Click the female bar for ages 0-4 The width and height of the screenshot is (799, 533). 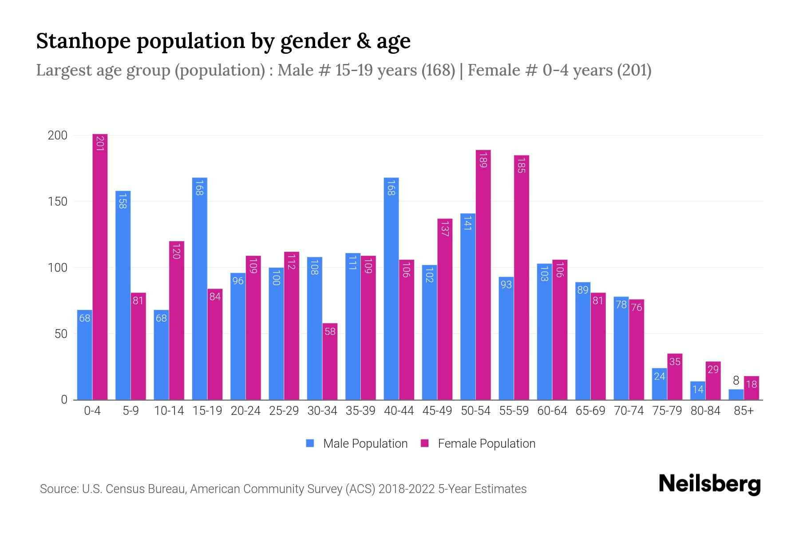tap(100, 266)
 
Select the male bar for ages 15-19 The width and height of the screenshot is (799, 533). tap(200, 289)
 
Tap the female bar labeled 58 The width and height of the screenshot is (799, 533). tap(330, 362)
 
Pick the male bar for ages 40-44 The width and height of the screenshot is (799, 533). tap(391, 289)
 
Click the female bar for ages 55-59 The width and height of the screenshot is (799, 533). tap(522, 278)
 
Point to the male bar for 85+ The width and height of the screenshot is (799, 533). tap(736, 395)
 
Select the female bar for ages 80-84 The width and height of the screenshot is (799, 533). tap(713, 381)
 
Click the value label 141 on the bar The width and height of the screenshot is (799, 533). tap(467, 223)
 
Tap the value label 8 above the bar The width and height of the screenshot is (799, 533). tap(736, 381)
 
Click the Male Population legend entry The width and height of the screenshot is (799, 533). tap(357, 444)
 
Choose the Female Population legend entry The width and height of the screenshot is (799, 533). tap(479, 444)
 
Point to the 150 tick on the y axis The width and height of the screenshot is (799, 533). tap(58, 202)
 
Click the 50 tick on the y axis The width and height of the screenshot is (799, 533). tap(61, 334)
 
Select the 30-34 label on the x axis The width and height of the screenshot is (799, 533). tap(322, 411)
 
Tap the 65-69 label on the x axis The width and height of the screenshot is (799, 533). tap(590, 411)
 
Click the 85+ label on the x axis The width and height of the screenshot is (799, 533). tap(744, 411)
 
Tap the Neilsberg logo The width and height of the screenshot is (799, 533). tap(709, 484)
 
